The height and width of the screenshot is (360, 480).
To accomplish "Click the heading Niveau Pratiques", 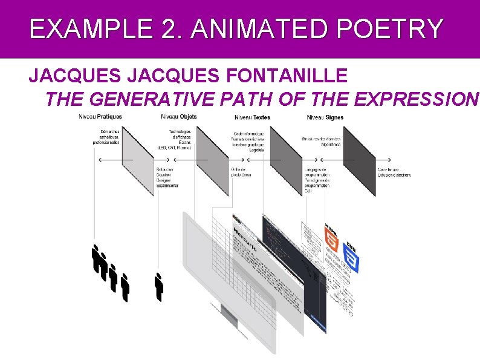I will click(x=100, y=117).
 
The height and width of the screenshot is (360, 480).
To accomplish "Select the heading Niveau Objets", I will click(x=179, y=117).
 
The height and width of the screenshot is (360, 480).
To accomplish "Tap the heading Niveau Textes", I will click(x=252, y=117).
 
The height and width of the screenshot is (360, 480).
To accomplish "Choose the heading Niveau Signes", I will click(x=325, y=117).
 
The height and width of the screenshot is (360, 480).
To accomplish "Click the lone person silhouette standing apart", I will click(x=159, y=287).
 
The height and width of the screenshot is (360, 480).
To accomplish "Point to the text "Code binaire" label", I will click(x=389, y=169).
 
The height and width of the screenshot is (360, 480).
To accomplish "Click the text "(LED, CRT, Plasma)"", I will click(x=174, y=148).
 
